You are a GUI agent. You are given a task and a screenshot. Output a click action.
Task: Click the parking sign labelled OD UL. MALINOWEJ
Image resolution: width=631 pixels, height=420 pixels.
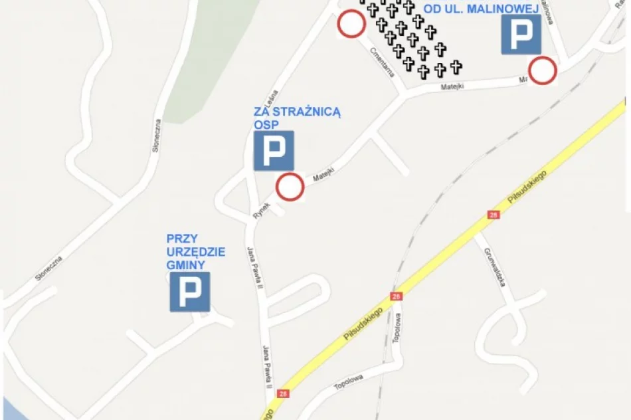pyautogui.click(x=520, y=35)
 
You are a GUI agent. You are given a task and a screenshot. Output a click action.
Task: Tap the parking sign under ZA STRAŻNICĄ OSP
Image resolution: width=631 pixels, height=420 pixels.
pyautogui.click(x=273, y=151)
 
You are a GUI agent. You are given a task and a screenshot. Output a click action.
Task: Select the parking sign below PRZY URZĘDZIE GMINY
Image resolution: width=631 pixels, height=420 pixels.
pyautogui.click(x=189, y=291)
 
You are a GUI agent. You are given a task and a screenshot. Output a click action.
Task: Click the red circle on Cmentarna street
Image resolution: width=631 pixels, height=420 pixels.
pyautogui.click(x=351, y=25)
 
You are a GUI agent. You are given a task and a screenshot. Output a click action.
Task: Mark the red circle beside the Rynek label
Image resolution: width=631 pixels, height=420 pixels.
pyautogui.click(x=290, y=187)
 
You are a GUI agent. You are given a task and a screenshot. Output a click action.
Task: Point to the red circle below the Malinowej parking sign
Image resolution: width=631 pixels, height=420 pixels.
pyautogui.click(x=542, y=71)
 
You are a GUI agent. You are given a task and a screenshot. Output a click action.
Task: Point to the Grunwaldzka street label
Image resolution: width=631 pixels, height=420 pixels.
pyautogui.click(x=496, y=267)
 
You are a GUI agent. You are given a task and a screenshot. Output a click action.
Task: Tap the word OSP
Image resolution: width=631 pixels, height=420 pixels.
pyautogui.click(x=264, y=124)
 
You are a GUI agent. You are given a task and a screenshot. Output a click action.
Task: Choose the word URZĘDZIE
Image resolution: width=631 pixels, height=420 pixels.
pyautogui.click(x=196, y=252)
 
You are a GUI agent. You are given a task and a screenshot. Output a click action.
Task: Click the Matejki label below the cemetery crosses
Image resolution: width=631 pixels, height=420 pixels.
pyautogui.click(x=456, y=86)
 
